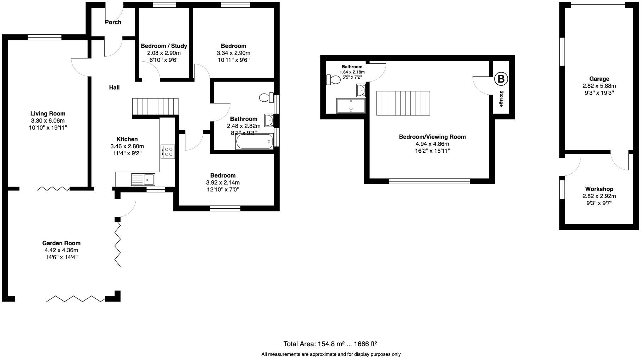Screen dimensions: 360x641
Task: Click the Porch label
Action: tap(113, 22)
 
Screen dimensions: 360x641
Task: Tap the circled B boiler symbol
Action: tap(501, 79)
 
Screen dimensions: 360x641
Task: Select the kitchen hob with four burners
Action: tap(167, 152)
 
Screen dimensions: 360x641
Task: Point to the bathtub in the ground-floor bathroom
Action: tap(255, 142)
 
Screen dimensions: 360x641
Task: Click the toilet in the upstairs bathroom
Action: tap(333, 79)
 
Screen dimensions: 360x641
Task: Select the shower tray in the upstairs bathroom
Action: tap(350, 106)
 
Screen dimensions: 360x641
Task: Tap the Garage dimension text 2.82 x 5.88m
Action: tap(599, 86)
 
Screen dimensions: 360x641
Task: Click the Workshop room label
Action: tap(599, 189)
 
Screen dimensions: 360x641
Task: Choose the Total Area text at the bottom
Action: tap(330, 344)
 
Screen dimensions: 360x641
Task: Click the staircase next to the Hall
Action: tap(155, 107)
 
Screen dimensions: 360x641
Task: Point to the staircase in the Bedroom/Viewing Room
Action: tap(403, 103)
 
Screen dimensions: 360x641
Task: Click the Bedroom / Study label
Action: tap(164, 46)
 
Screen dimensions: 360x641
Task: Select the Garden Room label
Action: tap(61, 243)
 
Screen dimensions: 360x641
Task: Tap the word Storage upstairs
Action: tap(501, 99)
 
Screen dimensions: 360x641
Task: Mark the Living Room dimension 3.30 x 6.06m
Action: tap(48, 120)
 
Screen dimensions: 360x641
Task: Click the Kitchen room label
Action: tap(127, 139)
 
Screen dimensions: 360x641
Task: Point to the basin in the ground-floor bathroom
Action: tap(269, 120)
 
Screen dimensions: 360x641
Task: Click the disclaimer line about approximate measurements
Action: tap(331, 354)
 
